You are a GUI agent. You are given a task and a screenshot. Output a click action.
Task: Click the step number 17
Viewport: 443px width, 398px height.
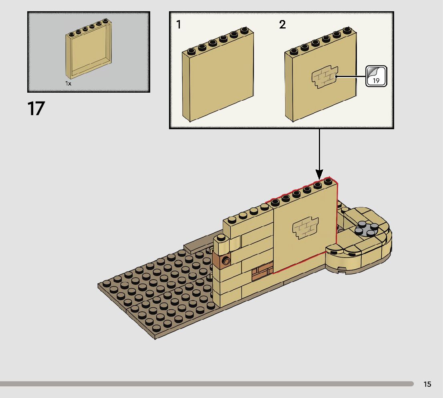coord(36,109)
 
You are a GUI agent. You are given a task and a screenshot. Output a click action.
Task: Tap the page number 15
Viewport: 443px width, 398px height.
coord(427,384)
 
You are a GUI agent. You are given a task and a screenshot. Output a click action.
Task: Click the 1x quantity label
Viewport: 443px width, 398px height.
coord(68,83)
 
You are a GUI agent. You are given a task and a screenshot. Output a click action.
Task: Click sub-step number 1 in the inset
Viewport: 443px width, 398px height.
coord(179,25)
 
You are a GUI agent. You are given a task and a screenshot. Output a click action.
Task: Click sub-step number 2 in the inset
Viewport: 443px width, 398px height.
coord(282,25)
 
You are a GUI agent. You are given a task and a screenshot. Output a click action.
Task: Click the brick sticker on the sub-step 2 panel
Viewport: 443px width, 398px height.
coord(324,77)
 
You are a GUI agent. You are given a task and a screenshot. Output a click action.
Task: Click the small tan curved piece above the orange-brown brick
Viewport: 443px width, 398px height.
coord(221,244)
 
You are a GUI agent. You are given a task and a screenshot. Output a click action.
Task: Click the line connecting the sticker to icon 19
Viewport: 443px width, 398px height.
coord(352,76)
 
